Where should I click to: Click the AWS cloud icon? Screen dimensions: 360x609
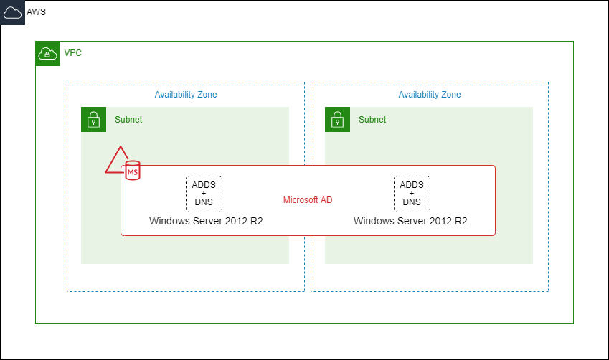(13, 13)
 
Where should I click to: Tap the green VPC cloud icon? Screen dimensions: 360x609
(47, 54)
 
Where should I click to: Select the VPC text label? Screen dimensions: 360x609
(72, 53)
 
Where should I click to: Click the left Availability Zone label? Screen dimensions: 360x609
(186, 95)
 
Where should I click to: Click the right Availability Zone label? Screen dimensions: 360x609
(430, 95)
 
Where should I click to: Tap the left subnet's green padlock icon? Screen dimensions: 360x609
(93, 120)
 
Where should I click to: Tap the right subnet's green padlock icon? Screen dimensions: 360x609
(337, 120)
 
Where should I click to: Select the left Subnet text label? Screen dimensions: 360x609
(128, 120)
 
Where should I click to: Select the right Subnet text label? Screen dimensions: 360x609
(372, 120)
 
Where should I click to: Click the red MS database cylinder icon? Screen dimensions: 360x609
(133, 171)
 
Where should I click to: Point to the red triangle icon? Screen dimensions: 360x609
(115, 162)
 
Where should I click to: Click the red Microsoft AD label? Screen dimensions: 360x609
(308, 200)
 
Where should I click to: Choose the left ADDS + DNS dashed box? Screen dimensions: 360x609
(204, 194)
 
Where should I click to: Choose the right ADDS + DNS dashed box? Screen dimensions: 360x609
(412, 194)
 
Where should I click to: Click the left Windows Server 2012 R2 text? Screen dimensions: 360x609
(206, 221)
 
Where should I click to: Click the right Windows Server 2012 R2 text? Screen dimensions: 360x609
(410, 221)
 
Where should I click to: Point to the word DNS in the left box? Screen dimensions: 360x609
(204, 202)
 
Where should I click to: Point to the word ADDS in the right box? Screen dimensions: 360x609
(412, 185)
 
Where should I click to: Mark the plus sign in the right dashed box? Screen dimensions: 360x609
(412, 194)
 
